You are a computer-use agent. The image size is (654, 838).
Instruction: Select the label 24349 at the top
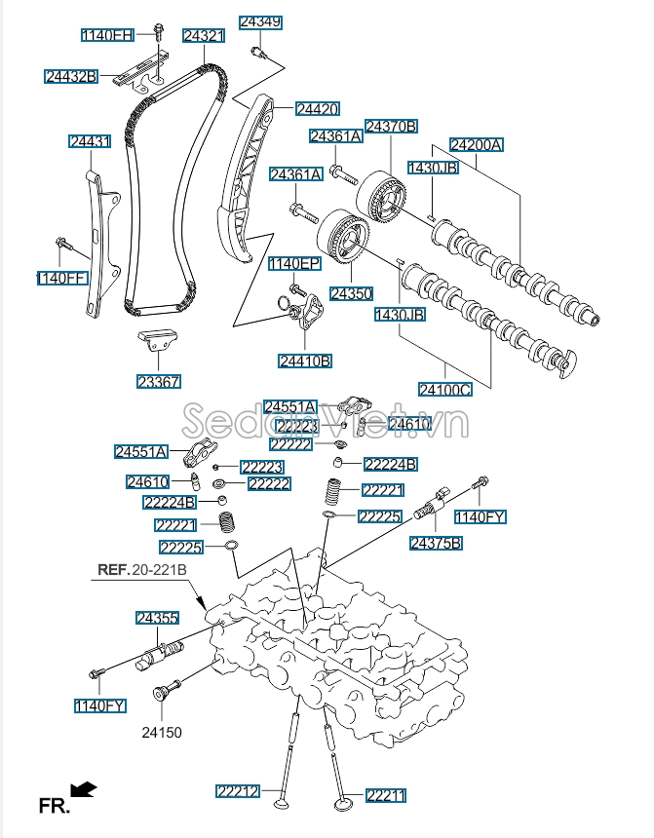point(260,20)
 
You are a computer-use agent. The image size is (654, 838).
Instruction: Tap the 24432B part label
point(71,75)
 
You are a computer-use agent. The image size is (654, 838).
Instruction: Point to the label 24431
point(90,141)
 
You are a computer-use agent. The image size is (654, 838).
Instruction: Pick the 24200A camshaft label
point(477,144)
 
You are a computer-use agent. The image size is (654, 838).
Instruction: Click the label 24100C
point(445,390)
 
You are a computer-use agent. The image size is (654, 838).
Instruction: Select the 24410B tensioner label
point(305,361)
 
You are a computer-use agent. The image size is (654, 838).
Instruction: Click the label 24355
point(157,618)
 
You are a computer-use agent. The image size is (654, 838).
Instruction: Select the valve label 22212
point(238,791)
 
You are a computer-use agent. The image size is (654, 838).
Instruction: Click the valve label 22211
point(385,796)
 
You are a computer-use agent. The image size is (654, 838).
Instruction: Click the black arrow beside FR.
point(85,789)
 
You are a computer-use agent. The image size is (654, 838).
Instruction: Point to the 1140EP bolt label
point(294,264)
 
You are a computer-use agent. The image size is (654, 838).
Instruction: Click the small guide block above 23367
point(158,344)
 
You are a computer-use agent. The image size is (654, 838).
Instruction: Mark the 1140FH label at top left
point(107,35)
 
